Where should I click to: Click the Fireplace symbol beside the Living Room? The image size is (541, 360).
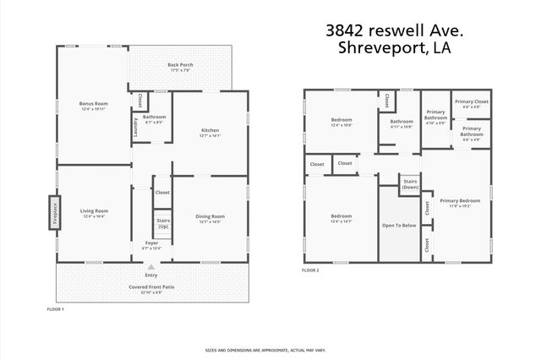[x=52, y=212]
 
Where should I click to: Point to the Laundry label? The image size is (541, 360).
[x=136, y=127]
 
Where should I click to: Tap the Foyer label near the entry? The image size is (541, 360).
[x=151, y=244]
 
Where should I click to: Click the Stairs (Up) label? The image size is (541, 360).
[x=162, y=224]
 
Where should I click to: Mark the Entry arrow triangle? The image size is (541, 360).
[x=151, y=266]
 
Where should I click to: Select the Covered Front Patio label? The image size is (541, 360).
[x=151, y=287]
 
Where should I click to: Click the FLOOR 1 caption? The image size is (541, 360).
[x=55, y=310]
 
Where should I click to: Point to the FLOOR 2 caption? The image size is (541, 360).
[x=310, y=270]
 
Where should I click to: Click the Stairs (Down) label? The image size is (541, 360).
[x=410, y=185]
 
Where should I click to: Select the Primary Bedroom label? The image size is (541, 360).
[x=460, y=202]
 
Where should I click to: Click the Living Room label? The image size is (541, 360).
[x=94, y=212]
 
